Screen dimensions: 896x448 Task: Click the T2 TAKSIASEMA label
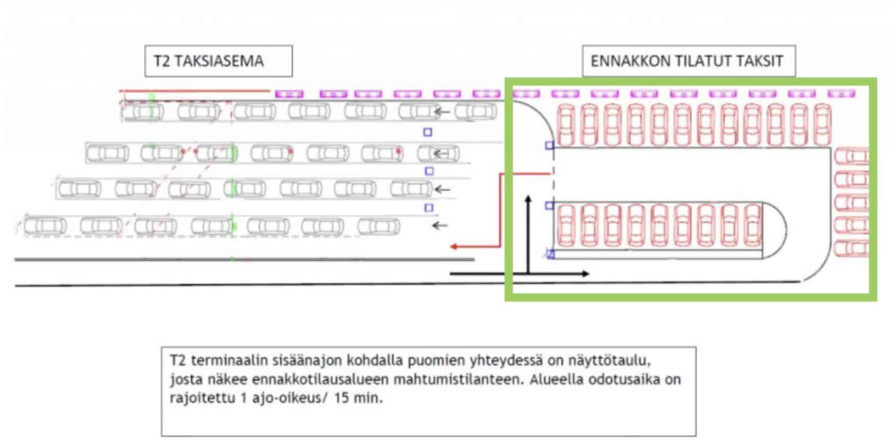pos(209,61)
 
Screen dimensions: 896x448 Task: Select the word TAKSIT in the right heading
pos(759,61)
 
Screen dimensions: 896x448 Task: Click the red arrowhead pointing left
pos(453,247)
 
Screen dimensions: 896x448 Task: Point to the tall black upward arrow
pos(528,234)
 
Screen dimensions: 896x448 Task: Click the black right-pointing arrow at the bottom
pos(519,274)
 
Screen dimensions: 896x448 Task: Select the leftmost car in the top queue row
pos(142,111)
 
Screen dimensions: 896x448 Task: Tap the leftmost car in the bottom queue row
pos(45,226)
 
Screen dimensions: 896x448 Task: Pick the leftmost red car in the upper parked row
pos(566,125)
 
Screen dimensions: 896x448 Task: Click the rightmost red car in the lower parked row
pos(753,225)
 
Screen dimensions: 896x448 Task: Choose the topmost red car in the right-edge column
pos(851,156)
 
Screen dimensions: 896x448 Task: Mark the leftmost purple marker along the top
pos(289,94)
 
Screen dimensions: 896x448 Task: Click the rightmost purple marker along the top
pos(841,94)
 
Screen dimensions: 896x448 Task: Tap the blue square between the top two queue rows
pos(428,132)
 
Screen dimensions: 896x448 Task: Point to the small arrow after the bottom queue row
pos(440,225)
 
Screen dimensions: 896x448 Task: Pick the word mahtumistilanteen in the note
pos(459,379)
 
